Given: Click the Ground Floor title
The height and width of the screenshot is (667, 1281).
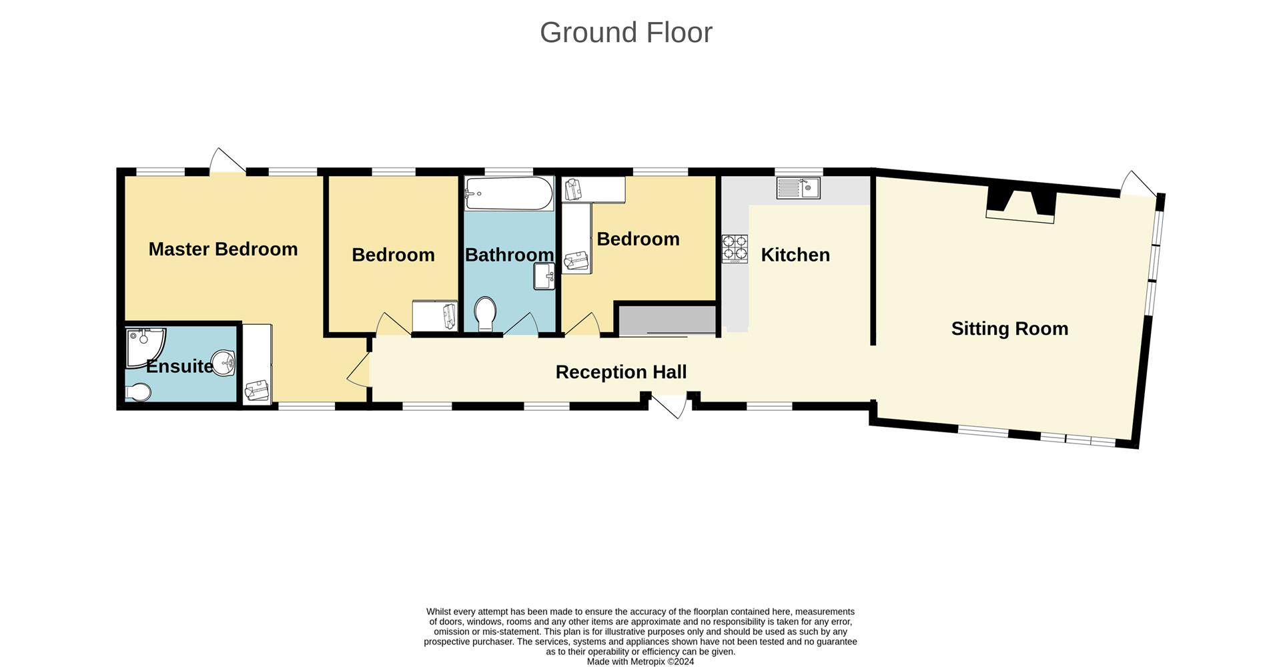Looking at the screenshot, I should pyautogui.click(x=626, y=33).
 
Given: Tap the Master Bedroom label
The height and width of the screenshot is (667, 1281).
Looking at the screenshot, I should pyautogui.click(x=223, y=249).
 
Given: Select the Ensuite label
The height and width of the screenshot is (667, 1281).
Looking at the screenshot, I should pyautogui.click(x=179, y=366).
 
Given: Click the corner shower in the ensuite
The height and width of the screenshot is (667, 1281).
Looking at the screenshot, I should pyautogui.click(x=143, y=346).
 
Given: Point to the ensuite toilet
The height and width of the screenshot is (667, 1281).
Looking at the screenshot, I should pyautogui.click(x=139, y=392).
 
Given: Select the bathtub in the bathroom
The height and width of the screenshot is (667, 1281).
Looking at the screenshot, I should pyautogui.click(x=509, y=193).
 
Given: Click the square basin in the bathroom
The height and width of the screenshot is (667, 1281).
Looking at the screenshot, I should pyautogui.click(x=544, y=276).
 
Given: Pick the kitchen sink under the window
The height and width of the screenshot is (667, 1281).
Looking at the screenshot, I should pyautogui.click(x=798, y=188).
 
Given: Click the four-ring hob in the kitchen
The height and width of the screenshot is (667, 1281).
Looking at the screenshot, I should pyautogui.click(x=735, y=249).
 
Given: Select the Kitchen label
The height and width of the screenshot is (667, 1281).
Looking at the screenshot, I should pyautogui.click(x=795, y=255).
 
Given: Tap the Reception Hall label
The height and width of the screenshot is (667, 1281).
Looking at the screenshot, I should pyautogui.click(x=620, y=372).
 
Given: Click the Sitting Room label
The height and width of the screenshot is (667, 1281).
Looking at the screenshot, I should pyautogui.click(x=1009, y=328).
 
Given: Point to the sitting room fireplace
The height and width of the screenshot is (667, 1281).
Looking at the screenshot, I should pyautogui.click(x=1021, y=206).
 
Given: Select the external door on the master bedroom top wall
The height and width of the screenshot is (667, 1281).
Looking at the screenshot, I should pyautogui.click(x=227, y=162).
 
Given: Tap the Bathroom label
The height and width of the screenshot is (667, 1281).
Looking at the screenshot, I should pyautogui.click(x=509, y=255).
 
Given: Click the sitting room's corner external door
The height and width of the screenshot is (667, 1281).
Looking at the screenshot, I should pyautogui.click(x=1138, y=184).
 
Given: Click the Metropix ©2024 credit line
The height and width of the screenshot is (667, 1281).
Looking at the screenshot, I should pyautogui.click(x=640, y=662).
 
